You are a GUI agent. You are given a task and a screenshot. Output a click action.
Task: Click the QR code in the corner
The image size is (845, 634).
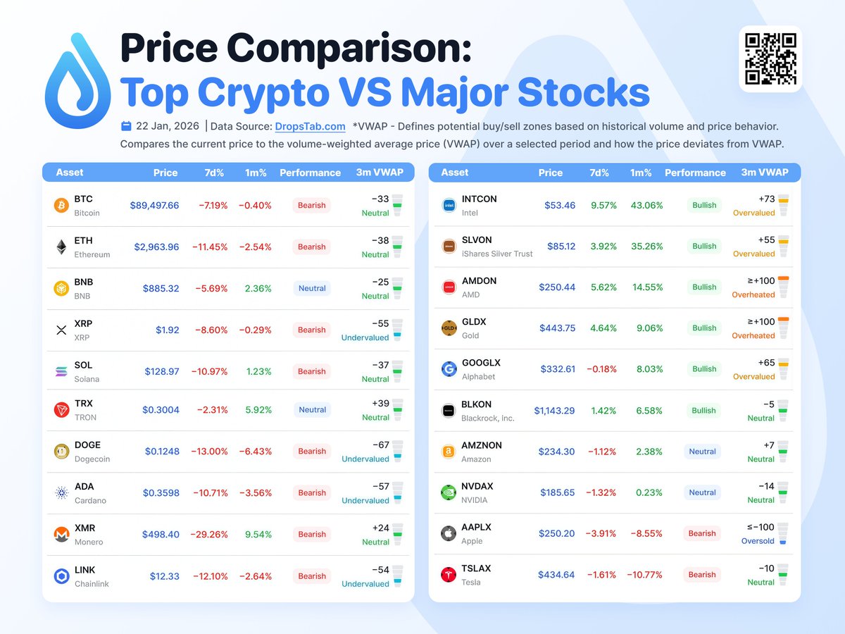click(x=770, y=59)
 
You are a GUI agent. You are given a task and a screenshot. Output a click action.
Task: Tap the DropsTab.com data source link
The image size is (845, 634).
click(x=310, y=127)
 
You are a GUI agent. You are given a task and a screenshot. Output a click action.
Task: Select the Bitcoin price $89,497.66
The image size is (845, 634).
click(x=154, y=206)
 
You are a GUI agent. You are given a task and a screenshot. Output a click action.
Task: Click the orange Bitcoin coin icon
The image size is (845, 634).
click(x=62, y=206)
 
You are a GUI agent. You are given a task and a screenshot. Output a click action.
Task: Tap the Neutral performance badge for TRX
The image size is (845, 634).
click(x=312, y=410)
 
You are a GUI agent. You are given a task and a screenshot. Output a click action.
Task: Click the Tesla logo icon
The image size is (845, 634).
click(x=449, y=575)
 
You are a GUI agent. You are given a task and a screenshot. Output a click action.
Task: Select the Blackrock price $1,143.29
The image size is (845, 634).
click(x=554, y=411)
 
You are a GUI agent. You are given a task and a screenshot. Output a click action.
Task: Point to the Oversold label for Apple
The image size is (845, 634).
click(x=758, y=542)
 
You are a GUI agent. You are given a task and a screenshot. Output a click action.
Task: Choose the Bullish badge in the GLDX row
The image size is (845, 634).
click(x=704, y=328)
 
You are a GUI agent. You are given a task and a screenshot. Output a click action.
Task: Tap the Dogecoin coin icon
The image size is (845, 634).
click(x=62, y=452)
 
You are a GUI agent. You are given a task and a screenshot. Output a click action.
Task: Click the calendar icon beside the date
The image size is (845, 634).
click(x=126, y=127)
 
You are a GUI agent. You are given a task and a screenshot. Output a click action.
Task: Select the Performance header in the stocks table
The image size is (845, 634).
click(x=695, y=173)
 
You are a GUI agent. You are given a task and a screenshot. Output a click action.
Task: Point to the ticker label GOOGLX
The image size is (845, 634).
click(x=481, y=363)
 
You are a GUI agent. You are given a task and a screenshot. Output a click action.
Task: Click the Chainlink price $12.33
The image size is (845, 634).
click(x=164, y=576)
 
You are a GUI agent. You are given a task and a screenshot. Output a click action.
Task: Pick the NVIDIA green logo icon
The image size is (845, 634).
click(x=449, y=493)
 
